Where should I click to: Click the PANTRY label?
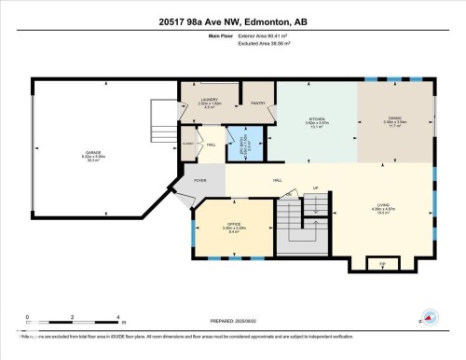click(x=256, y=104)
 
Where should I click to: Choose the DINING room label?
click(x=394, y=121)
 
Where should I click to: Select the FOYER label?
click(x=200, y=180)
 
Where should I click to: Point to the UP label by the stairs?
click(x=315, y=187)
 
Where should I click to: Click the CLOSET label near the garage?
click(x=187, y=143)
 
